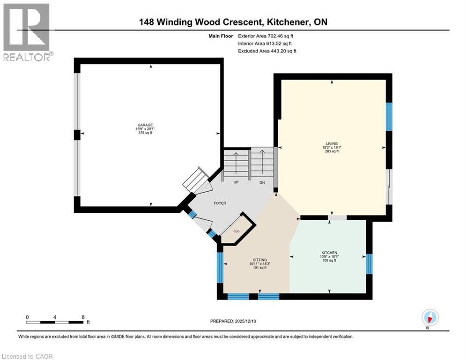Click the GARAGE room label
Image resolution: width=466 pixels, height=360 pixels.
145,125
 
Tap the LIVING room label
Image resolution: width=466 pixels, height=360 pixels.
332,143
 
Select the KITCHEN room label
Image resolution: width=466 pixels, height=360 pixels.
329,253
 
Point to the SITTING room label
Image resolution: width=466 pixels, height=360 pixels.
259,260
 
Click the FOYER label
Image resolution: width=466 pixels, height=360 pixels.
220,203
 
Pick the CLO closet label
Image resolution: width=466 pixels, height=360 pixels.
237,231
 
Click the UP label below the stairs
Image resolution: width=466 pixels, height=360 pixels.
236,183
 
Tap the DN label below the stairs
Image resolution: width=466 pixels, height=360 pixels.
262,183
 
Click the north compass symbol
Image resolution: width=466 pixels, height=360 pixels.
429,317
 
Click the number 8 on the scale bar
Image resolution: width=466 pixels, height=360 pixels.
83,317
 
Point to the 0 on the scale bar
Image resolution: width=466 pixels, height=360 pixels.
27,317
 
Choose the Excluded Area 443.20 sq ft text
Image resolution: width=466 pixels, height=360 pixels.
267,51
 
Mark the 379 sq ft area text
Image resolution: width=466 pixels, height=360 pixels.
145,133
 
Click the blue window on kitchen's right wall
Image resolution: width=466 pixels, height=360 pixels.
369,264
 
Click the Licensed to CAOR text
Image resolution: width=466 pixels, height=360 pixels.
28,356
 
